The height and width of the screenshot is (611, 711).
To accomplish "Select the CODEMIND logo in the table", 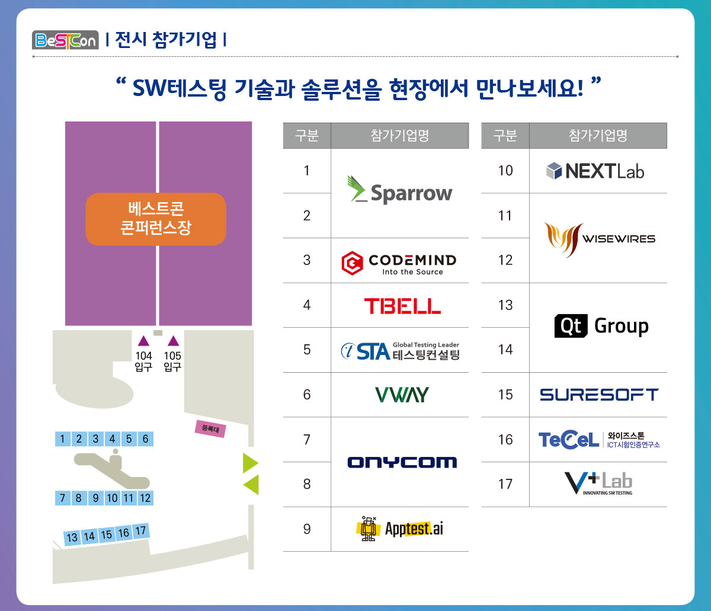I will coord(399,263).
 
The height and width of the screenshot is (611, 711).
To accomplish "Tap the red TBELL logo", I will coord(402,306).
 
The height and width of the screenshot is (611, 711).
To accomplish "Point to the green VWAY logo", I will coord(402,395).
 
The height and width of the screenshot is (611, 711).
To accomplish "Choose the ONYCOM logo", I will coord(402,462).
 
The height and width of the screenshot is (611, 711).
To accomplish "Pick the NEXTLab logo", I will coord(595,171).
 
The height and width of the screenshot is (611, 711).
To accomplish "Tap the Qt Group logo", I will coord(601,327).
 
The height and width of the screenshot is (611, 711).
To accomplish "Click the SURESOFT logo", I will coord(599,395).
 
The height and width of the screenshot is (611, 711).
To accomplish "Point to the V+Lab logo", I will coord(598,483).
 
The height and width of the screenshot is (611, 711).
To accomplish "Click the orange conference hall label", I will coord(156,219).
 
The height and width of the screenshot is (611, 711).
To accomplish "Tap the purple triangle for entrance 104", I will coord(143,341).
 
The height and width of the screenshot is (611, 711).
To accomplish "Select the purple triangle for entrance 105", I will coord(173,341).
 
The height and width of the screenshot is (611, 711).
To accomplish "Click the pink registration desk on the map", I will coord(210,428).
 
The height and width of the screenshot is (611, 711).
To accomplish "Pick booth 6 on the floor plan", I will coord(145,439).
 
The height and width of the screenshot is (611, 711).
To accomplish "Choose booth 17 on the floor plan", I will coord(140,532).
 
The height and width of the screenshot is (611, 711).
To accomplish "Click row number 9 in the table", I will coord(306,529).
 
